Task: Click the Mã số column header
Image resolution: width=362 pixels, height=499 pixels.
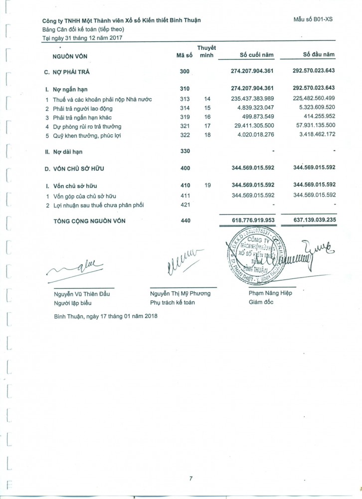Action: point(184,55)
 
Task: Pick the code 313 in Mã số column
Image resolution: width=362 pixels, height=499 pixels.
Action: point(184,99)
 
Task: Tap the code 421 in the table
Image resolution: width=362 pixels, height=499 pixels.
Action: point(184,205)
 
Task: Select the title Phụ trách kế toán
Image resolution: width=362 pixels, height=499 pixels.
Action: point(173,302)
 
